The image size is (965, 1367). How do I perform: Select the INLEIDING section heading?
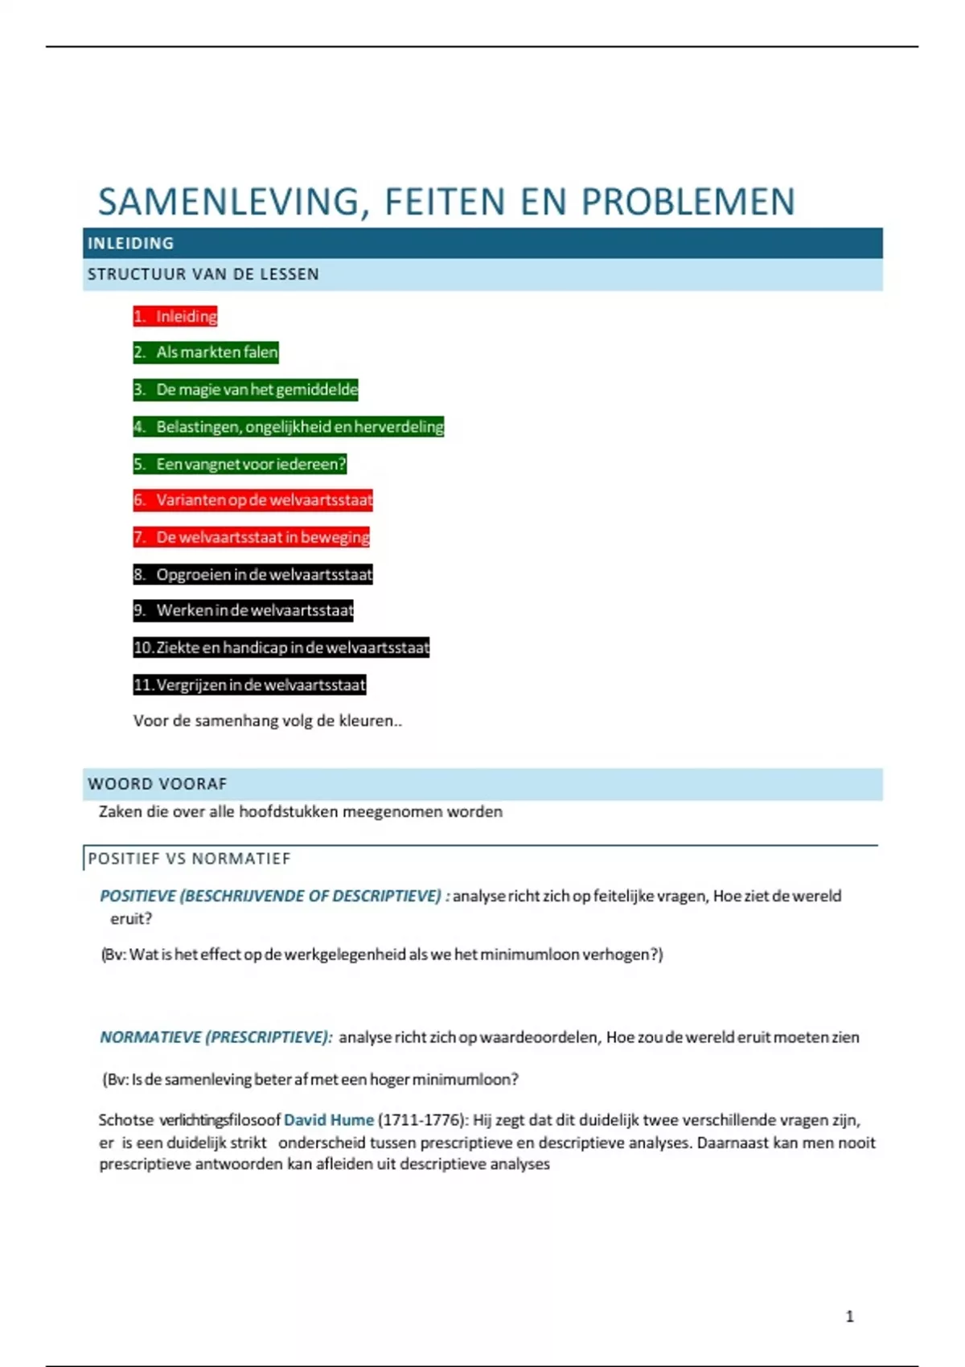click(130, 243)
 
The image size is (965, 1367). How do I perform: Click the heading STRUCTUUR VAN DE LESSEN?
click(203, 274)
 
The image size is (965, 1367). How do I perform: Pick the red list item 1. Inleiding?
click(175, 316)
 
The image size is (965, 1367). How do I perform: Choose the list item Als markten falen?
click(206, 352)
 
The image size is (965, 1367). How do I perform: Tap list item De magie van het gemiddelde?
click(246, 390)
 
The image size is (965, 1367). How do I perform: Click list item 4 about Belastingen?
click(289, 427)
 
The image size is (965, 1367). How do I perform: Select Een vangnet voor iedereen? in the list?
click(240, 464)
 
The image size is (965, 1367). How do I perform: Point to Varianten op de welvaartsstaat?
click(253, 500)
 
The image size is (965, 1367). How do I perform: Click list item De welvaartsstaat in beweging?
click(252, 537)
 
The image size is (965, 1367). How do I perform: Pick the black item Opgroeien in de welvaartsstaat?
click(253, 574)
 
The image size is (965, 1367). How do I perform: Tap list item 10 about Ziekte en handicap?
click(281, 647)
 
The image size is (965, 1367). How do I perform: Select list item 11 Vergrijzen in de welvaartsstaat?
click(249, 685)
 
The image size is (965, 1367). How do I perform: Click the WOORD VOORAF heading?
click(158, 784)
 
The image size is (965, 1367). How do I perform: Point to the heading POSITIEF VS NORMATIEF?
click(189, 859)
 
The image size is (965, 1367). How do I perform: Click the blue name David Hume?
click(329, 1120)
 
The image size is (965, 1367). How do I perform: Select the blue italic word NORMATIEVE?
click(150, 1037)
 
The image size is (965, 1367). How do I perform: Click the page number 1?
click(850, 1316)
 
